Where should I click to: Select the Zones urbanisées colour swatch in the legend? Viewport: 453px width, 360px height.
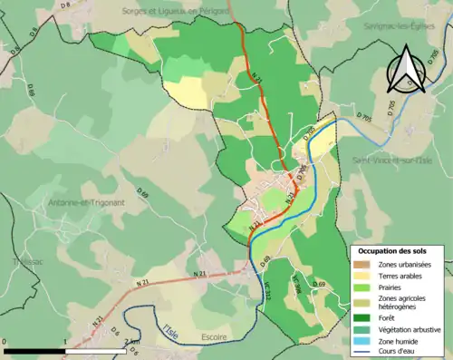point(363,264)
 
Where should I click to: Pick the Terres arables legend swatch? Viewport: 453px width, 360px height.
point(363,275)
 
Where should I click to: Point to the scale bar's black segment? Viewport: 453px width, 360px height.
point(35,350)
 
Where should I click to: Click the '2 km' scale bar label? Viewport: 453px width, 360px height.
point(132,342)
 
